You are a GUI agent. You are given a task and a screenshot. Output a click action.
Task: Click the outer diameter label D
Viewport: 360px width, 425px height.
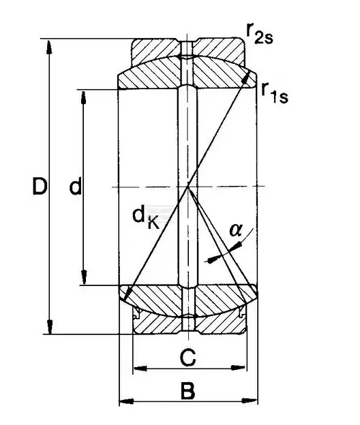point(40,186)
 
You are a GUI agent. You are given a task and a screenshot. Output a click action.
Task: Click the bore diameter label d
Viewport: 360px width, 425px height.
point(75,186)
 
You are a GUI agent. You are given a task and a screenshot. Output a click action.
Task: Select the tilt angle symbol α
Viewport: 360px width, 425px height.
point(235,230)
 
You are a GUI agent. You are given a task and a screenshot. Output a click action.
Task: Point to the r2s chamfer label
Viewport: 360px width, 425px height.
point(260,33)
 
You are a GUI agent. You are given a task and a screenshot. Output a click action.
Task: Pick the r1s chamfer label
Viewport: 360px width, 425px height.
point(275,93)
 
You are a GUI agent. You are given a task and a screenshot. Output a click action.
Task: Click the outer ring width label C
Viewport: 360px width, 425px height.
point(187,358)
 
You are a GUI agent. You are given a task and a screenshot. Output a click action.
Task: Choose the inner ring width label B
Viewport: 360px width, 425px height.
point(187,391)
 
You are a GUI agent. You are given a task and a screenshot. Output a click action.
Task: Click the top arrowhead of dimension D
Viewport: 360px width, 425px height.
point(49,47)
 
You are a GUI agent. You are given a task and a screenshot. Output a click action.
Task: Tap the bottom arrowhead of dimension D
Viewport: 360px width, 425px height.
point(50,327)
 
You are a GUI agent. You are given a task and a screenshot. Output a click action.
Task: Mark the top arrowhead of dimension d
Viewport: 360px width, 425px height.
point(84,97)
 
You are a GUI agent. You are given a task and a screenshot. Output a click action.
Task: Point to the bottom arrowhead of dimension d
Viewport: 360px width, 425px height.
point(84,277)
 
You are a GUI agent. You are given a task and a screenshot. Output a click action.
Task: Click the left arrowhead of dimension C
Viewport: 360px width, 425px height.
point(140,368)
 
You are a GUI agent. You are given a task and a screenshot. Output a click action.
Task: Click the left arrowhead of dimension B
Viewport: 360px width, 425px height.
point(126,401)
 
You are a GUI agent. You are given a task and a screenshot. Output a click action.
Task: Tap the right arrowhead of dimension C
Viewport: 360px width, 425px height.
point(240,368)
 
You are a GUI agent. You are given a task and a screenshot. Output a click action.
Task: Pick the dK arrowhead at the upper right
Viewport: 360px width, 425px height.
point(246,78)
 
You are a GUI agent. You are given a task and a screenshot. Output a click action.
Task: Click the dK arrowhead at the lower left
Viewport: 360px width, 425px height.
point(127,295)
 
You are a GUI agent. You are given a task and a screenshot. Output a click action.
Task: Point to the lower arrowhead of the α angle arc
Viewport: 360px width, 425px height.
point(211,259)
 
